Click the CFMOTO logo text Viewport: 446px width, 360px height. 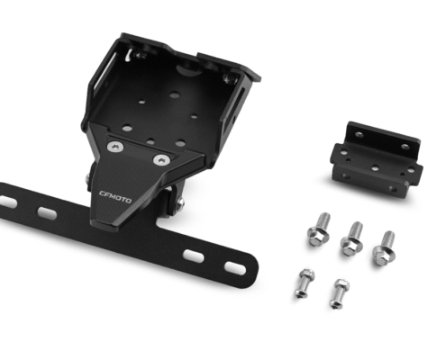pyautogui.click(x=115, y=197)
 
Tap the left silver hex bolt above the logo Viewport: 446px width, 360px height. pyautogui.click(x=115, y=147)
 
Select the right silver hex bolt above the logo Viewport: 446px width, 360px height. pyautogui.click(x=162, y=160)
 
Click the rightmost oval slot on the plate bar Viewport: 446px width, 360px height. pyautogui.click(x=235, y=268)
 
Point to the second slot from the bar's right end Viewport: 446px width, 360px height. pyautogui.click(x=194, y=256)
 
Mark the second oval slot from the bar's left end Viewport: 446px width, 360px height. pyautogui.click(x=47, y=212)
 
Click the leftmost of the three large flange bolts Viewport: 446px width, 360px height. pyautogui.click(x=319, y=229)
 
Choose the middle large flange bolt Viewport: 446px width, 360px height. pyautogui.click(x=352, y=238)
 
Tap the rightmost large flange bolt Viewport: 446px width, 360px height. pyautogui.click(x=385, y=248)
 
